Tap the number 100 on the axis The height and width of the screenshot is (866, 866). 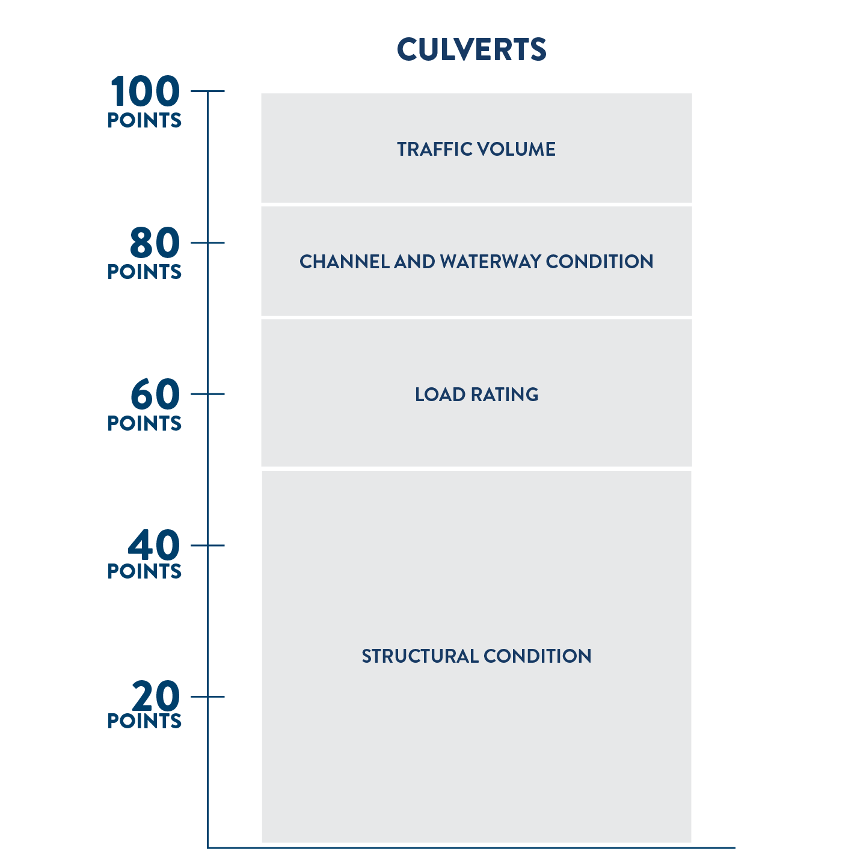(x=145, y=91)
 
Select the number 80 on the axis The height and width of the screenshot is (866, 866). (x=155, y=243)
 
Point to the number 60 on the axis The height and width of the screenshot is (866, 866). (x=155, y=394)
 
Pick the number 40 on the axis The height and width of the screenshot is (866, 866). (x=154, y=545)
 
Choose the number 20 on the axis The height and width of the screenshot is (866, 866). (x=156, y=696)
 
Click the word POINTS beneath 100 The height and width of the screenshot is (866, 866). (x=144, y=120)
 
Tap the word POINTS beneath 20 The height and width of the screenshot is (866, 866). (x=144, y=721)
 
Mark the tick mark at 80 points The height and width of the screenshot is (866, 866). (x=207, y=243)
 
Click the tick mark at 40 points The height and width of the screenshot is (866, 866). (x=207, y=545)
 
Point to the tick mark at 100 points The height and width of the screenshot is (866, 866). (x=207, y=91)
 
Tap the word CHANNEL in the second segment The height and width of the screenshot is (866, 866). (x=345, y=262)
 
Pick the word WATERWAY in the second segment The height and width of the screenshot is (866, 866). (x=490, y=262)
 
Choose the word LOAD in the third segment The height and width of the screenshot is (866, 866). (x=440, y=395)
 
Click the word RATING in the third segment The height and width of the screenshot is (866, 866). (x=505, y=395)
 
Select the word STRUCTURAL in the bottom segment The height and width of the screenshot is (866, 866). (x=420, y=656)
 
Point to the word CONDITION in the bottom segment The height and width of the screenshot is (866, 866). (x=538, y=656)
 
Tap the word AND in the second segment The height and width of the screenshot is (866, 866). (x=414, y=262)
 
